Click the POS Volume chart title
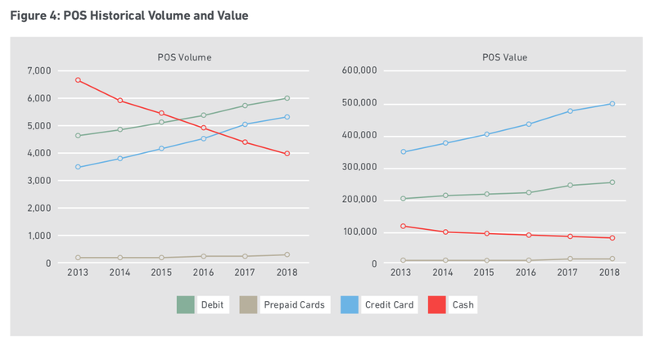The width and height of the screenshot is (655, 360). pyautogui.click(x=184, y=57)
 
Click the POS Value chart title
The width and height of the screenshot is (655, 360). pyautogui.click(x=504, y=57)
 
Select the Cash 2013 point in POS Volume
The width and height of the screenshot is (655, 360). pyautogui.click(x=78, y=80)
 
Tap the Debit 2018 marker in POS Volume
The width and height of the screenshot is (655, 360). pyautogui.click(x=287, y=98)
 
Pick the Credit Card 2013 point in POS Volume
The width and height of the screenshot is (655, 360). pyautogui.click(x=78, y=167)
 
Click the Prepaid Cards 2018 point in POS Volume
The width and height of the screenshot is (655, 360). pyautogui.click(x=287, y=254)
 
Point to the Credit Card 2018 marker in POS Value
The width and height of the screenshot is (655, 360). pyautogui.click(x=612, y=104)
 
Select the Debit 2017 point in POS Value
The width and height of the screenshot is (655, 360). pyautogui.click(x=570, y=185)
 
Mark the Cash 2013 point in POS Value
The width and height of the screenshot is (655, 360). pyautogui.click(x=403, y=226)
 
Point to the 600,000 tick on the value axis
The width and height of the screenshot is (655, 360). pyautogui.click(x=359, y=71)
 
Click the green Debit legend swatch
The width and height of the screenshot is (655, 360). pyautogui.click(x=186, y=305)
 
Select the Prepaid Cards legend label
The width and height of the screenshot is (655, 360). pyautogui.click(x=294, y=305)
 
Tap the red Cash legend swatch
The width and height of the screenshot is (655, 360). pyautogui.click(x=436, y=305)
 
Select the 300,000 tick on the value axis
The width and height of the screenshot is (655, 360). pyautogui.click(x=359, y=168)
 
